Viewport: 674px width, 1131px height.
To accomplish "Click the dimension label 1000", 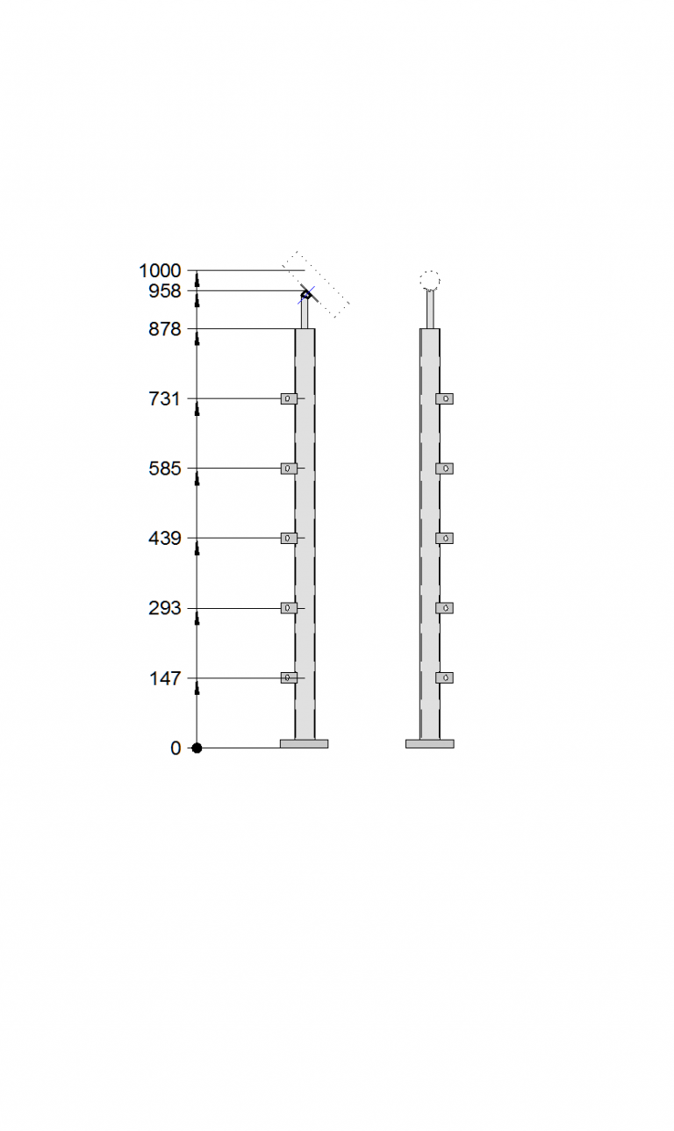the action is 160,271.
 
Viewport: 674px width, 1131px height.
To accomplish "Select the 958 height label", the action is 165,291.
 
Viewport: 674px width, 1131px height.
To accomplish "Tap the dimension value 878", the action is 165,329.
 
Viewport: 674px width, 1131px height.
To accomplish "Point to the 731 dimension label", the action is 164,399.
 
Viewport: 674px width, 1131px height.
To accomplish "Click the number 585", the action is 165,469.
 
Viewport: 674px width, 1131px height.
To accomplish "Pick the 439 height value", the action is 165,538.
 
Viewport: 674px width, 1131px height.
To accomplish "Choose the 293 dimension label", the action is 165,608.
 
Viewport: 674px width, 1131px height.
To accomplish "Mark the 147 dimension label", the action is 165,678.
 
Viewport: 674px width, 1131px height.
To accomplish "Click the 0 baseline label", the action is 176,748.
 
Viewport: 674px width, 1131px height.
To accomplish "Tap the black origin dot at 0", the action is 197,748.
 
